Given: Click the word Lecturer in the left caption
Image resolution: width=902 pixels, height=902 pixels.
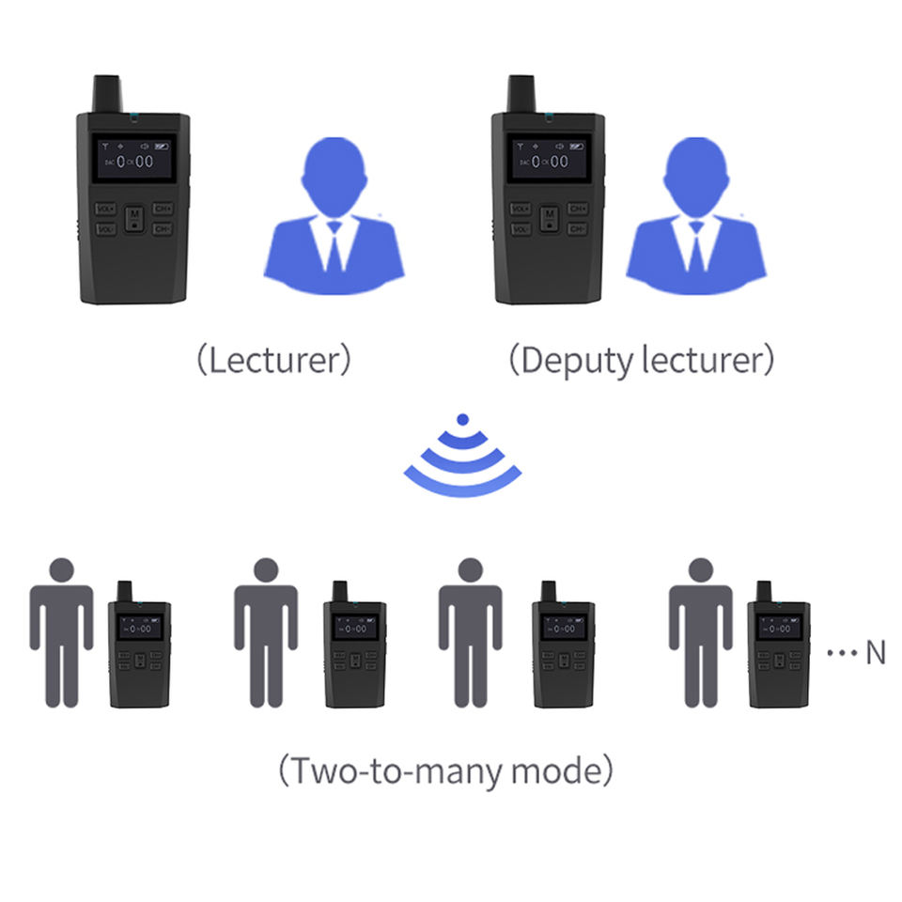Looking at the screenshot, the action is [x=273, y=361].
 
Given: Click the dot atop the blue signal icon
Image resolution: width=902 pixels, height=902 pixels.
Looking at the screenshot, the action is [x=461, y=419].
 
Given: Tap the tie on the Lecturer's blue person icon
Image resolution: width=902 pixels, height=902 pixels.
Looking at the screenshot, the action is [x=334, y=246].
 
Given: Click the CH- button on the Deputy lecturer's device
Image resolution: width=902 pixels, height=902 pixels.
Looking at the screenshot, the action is [x=578, y=229].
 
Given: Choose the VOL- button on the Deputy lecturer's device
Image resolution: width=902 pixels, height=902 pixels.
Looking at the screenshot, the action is [x=520, y=229].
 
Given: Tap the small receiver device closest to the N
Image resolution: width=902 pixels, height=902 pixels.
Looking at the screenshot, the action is [x=777, y=653].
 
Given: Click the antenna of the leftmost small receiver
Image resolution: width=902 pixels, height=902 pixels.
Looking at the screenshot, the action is [x=123, y=592].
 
